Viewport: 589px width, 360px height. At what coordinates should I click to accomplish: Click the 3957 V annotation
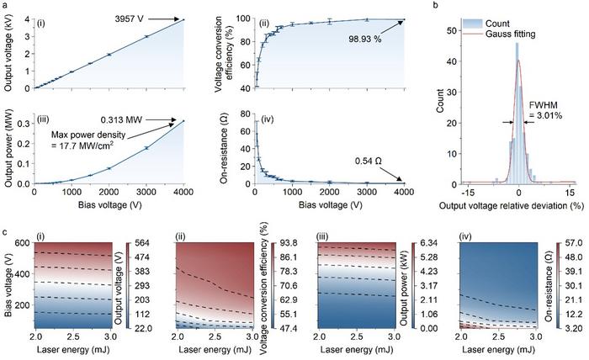tap(130, 19)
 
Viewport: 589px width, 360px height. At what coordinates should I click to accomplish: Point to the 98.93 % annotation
tap(364, 39)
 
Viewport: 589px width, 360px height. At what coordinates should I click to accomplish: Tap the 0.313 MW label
tap(121, 120)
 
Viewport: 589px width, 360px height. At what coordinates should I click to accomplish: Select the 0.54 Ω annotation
tap(369, 161)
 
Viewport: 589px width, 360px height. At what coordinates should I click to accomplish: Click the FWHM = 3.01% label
tap(545, 110)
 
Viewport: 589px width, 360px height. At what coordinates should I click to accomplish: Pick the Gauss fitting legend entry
tap(511, 34)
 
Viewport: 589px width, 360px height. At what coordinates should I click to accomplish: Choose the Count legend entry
tap(497, 24)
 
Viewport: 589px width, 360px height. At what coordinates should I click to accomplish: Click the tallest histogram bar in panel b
tap(517, 114)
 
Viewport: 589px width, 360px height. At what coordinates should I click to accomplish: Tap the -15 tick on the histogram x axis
tap(467, 193)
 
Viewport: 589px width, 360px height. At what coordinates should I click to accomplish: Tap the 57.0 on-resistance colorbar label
tap(566, 243)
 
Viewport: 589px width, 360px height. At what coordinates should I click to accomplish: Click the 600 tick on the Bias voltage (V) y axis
tap(23, 243)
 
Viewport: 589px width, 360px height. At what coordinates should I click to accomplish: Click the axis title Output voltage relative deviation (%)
tap(512, 206)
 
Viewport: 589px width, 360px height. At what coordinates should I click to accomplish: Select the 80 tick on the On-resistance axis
tap(246, 114)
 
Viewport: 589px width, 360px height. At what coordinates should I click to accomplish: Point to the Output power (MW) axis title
tap(9, 148)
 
